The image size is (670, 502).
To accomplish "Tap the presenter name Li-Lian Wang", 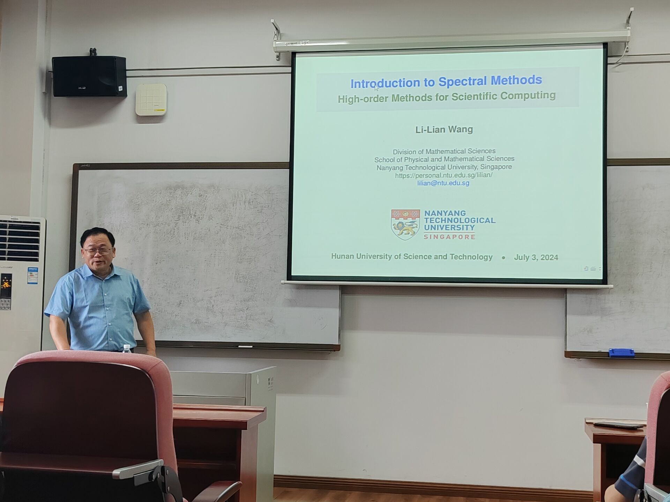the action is (444, 129).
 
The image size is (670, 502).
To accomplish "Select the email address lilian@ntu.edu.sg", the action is (443, 183).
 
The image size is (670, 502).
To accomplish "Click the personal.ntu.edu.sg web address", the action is (444, 175).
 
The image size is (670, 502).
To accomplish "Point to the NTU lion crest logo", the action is (405, 225).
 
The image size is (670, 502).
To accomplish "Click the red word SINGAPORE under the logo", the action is (449, 237).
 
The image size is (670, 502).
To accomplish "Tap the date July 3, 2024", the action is (536, 258).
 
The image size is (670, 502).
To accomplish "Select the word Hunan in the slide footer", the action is (342, 256).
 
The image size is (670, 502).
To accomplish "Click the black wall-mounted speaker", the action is (89, 76).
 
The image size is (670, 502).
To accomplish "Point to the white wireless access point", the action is (151, 99).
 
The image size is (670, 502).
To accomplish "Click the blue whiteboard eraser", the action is (621, 353).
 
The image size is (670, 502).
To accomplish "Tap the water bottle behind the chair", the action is (127, 348).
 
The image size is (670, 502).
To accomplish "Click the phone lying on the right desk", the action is (618, 425).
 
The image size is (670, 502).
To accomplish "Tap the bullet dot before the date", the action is (503, 258).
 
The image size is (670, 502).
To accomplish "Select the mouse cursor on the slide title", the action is (376, 88).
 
